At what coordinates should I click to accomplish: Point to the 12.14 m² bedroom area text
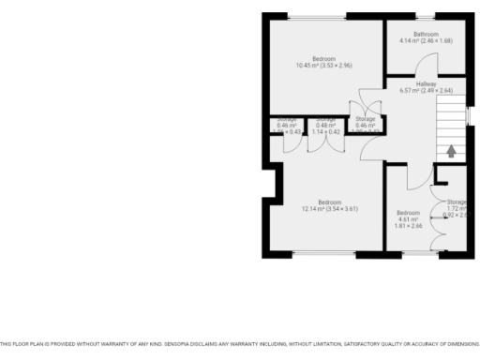point(329,209)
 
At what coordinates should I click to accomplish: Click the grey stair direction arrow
point(451,150)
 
